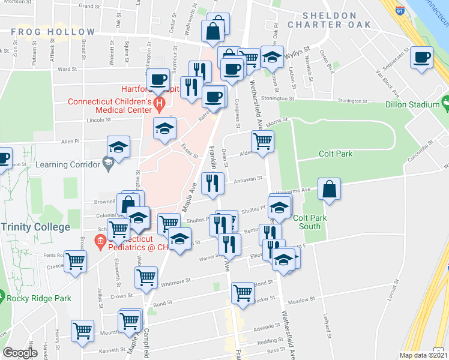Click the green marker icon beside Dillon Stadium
[x=445, y=104]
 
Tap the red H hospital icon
[x=159, y=106]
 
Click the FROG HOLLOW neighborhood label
[x=53, y=32]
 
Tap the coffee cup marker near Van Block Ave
[x=422, y=58]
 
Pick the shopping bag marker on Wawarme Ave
[x=329, y=189]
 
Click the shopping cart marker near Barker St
[x=243, y=293]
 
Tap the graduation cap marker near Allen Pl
[x=119, y=147]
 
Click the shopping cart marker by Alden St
[x=262, y=142]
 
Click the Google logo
[x=20, y=353]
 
